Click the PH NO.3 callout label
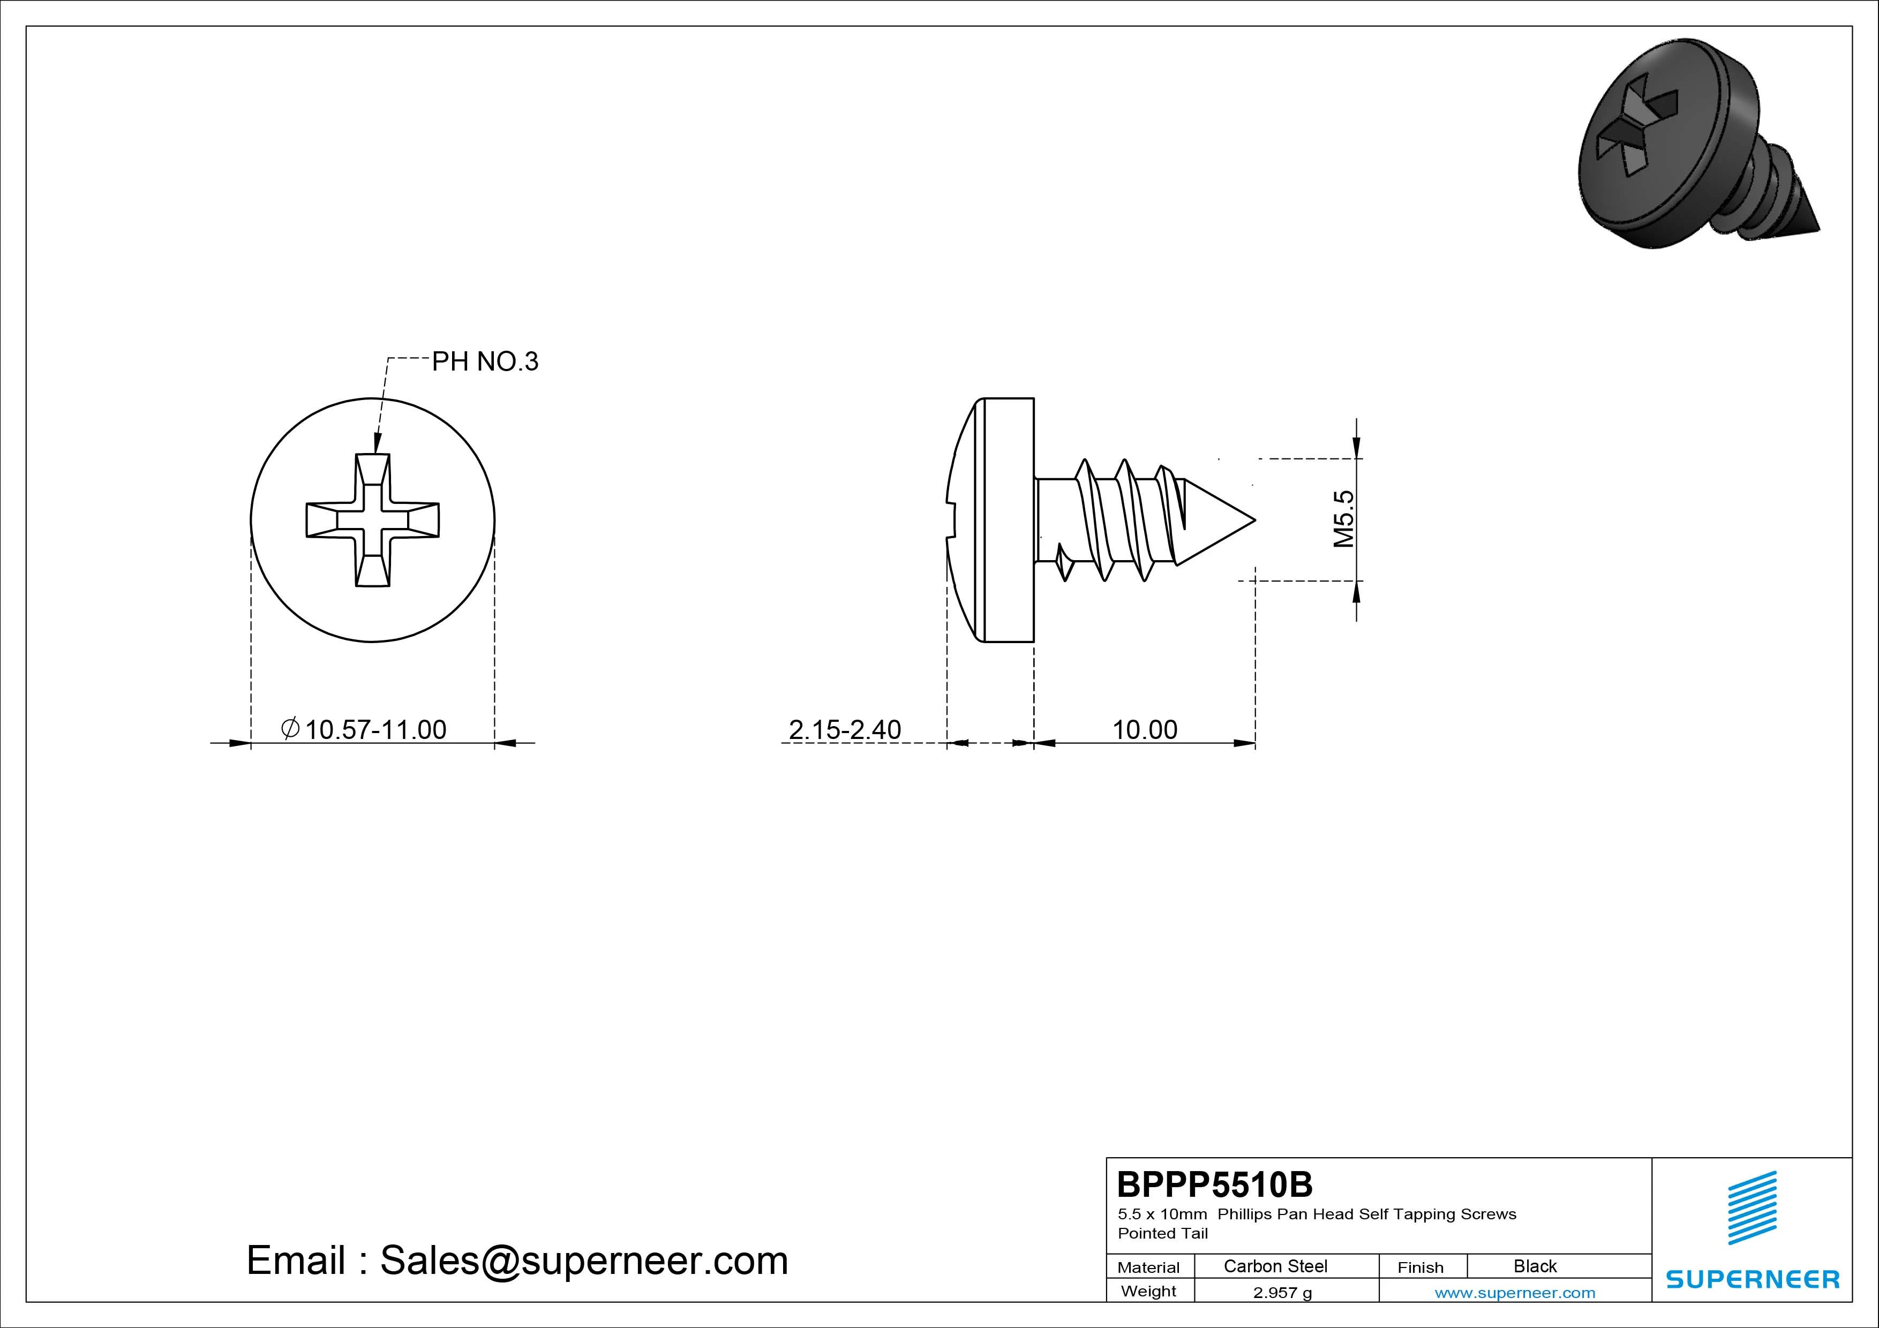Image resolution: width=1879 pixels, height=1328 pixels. tap(485, 361)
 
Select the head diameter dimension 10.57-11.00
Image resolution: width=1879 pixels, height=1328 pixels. tap(364, 729)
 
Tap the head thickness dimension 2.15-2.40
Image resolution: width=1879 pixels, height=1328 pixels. tap(845, 729)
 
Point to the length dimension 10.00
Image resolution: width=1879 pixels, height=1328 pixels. tap(1144, 729)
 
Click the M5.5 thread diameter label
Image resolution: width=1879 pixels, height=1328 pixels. tap(1344, 519)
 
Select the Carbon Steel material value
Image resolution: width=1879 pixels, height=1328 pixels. tap(1275, 1266)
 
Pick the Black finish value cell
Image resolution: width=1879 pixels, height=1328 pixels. tap(1535, 1266)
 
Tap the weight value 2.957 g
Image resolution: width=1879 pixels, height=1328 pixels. tap(1282, 1293)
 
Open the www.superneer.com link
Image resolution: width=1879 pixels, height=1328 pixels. tap(1515, 1293)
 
